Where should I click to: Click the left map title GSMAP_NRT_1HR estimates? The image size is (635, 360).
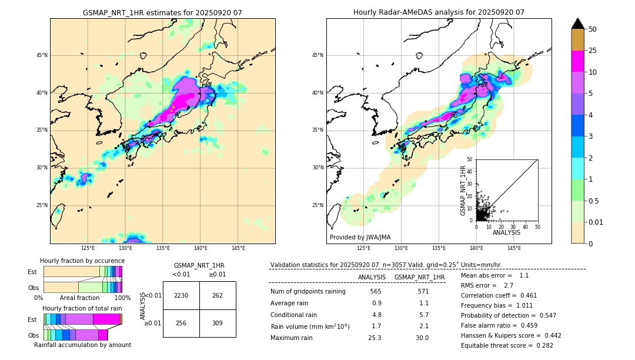click(x=162, y=12)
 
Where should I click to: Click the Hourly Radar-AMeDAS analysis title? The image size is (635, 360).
click(x=439, y=12)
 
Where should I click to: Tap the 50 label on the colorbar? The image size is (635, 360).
click(x=593, y=29)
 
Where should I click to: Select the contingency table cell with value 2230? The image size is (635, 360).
click(x=181, y=295)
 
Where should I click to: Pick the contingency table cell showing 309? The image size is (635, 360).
click(x=218, y=323)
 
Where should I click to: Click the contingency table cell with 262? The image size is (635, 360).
click(x=218, y=295)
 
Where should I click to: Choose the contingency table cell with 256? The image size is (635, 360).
click(x=181, y=323)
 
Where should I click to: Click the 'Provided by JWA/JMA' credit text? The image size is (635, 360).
click(x=360, y=237)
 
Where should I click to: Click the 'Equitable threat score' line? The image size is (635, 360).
click(x=507, y=345)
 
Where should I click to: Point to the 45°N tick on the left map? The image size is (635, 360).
click(x=42, y=55)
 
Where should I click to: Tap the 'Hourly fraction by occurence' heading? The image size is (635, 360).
click(x=82, y=261)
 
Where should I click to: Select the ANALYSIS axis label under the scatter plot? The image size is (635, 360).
click(x=506, y=232)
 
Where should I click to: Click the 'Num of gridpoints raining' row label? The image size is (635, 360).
click(x=308, y=292)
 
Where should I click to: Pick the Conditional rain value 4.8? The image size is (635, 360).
click(x=377, y=315)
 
